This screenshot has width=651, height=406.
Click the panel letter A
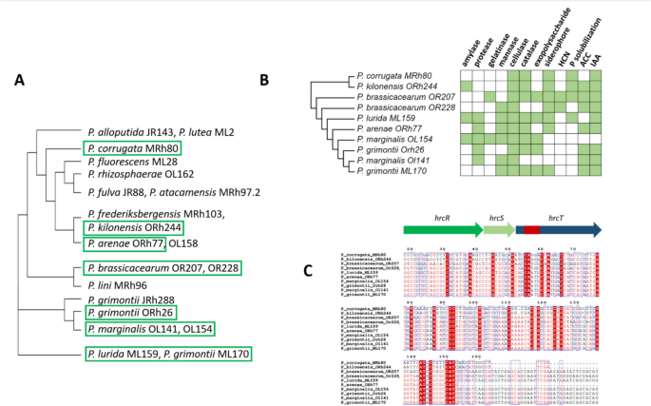click(19, 80)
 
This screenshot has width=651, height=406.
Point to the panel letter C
click(307, 270)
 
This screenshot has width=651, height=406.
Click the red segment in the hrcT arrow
click(531, 230)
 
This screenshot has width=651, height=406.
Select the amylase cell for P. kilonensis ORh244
click(469, 85)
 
